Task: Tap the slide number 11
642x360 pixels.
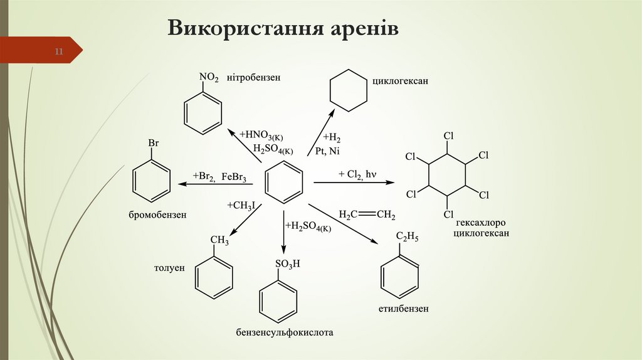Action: [59, 51]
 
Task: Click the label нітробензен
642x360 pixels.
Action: [253, 78]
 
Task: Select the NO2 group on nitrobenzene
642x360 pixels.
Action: [209, 78]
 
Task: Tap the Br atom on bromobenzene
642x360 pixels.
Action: [153, 144]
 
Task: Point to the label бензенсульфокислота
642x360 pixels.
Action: [285, 332]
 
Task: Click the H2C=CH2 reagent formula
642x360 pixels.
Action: [367, 215]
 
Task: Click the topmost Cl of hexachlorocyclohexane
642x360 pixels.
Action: [448, 135]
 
